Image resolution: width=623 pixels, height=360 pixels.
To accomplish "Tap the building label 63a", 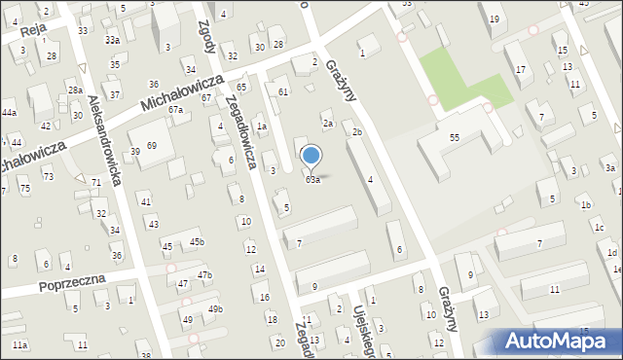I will coord(312,180).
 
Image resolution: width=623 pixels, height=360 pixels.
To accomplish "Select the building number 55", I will coord(455,138).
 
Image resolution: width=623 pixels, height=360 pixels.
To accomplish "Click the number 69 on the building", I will coord(151,146).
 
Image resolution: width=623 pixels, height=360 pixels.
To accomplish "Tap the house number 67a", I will coord(175,110).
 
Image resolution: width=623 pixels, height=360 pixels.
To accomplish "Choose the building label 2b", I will coord(357,132).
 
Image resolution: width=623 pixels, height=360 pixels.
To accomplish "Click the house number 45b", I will coord(198,241).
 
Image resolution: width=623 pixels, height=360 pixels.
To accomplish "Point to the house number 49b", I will coord(215,309).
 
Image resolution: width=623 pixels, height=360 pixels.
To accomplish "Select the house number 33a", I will coord(113,40).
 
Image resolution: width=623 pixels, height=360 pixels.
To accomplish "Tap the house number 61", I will coord(283,91).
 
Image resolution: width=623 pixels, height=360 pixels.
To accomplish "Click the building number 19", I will coord(495,19).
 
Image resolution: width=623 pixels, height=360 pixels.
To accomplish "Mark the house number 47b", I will coord(204,275).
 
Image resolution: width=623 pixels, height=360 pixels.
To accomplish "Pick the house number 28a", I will coord(75,90).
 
